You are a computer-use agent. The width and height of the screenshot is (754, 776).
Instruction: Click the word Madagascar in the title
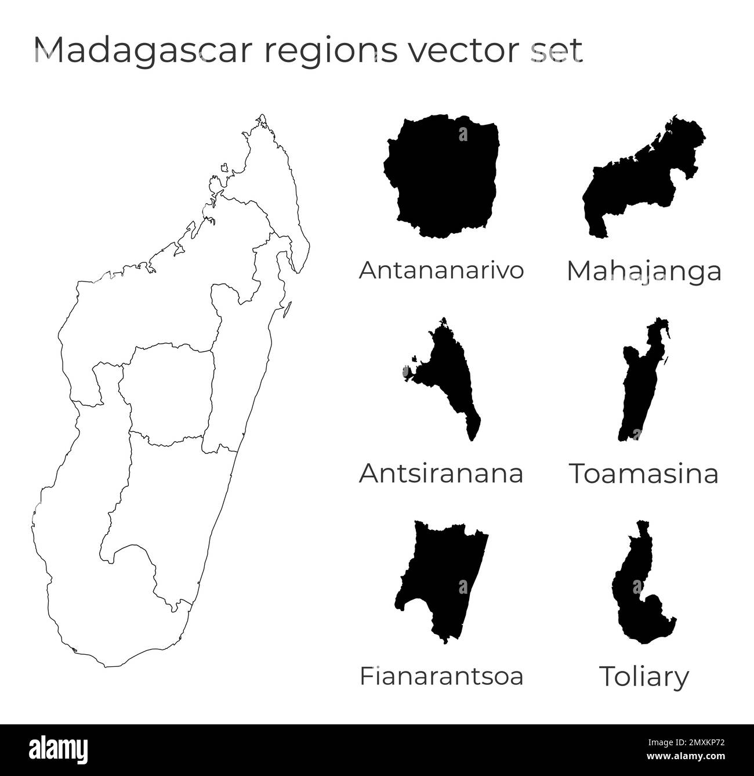point(144,50)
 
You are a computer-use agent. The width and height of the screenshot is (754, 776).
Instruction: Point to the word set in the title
point(557,50)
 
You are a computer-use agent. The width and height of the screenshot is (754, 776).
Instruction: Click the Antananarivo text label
point(441,270)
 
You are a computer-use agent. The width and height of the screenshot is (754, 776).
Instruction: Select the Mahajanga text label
point(644,272)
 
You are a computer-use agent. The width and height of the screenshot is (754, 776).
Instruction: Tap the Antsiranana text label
point(441,473)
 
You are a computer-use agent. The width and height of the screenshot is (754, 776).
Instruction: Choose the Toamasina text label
point(644,473)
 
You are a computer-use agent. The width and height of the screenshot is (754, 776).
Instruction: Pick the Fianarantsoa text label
point(441,676)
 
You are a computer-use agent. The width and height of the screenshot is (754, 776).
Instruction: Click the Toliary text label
point(644,677)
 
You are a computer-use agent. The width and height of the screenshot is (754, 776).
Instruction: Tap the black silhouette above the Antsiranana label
point(449,377)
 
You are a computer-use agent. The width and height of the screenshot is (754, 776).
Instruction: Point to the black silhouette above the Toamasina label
point(638,389)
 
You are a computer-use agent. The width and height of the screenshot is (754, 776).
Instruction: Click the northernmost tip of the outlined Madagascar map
point(263,116)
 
